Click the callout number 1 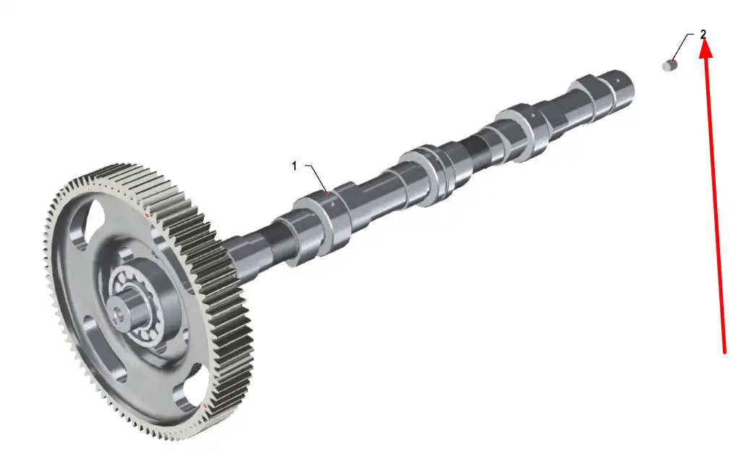click(x=294, y=166)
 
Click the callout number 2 click(x=703, y=34)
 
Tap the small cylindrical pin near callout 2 click(x=670, y=65)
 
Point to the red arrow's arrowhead click(x=706, y=48)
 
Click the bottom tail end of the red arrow click(x=724, y=353)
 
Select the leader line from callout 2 click(x=683, y=46)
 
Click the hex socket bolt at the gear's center click(x=118, y=313)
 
